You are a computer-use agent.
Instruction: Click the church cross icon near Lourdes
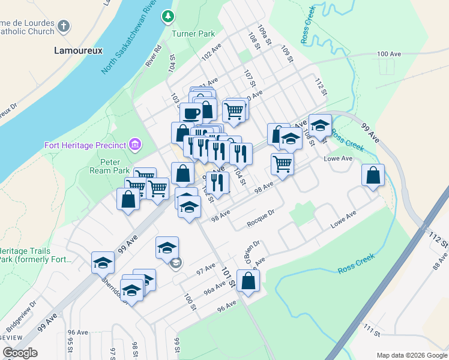64,26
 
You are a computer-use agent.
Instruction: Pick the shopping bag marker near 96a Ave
248,280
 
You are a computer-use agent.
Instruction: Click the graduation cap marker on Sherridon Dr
103,262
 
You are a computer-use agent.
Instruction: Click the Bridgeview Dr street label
21,317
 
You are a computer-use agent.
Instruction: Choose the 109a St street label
262,35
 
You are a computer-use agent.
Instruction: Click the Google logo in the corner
19,353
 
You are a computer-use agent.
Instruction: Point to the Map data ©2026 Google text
411,355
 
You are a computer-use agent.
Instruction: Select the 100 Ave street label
388,54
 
